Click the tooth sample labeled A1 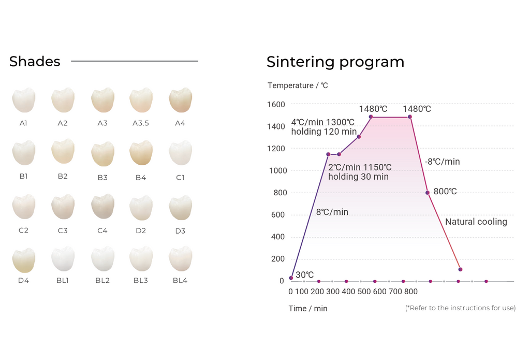[x=24, y=100]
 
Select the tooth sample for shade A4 [x=180, y=100]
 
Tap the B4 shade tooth [x=141, y=153]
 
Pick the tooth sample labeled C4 [x=102, y=207]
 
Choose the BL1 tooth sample [x=63, y=259]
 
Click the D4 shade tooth [x=24, y=260]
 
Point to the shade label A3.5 [x=141, y=123]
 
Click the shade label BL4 [x=180, y=281]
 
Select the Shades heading [x=35, y=62]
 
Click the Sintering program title [x=335, y=62]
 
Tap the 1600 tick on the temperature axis [x=276, y=105]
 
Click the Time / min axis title [x=308, y=309]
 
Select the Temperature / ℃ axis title [x=298, y=85]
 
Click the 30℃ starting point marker [x=291, y=278]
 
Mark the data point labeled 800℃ [x=428, y=193]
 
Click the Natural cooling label [x=476, y=222]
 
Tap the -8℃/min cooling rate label [x=443, y=162]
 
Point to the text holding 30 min [x=358, y=177]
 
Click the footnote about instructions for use [x=460, y=308]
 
